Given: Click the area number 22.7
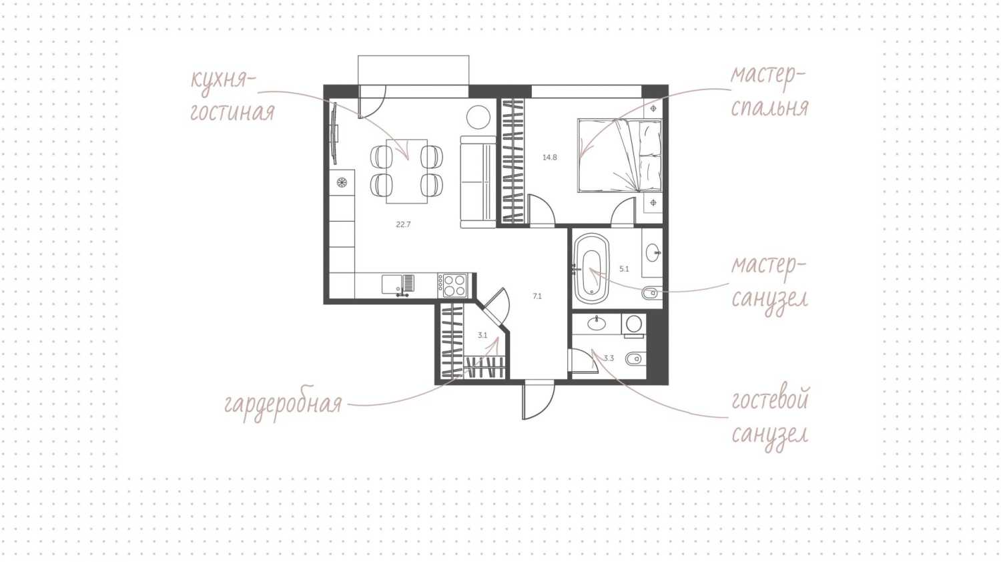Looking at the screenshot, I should click(403, 225).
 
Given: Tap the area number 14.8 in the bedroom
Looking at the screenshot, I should click(549, 158).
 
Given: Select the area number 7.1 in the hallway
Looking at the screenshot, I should click(537, 296).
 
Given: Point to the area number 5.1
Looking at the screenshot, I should click(624, 269).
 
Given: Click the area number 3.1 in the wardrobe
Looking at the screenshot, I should click(482, 336).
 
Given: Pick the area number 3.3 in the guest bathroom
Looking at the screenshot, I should click(609, 358).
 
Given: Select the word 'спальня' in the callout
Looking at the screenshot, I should click(769, 107).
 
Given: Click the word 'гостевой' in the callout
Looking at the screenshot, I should click(770, 400).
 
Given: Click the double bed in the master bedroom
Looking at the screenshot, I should click(619, 156).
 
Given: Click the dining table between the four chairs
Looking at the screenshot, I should click(406, 171).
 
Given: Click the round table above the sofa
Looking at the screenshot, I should click(478, 117).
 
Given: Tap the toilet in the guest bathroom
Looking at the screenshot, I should click(635, 359).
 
